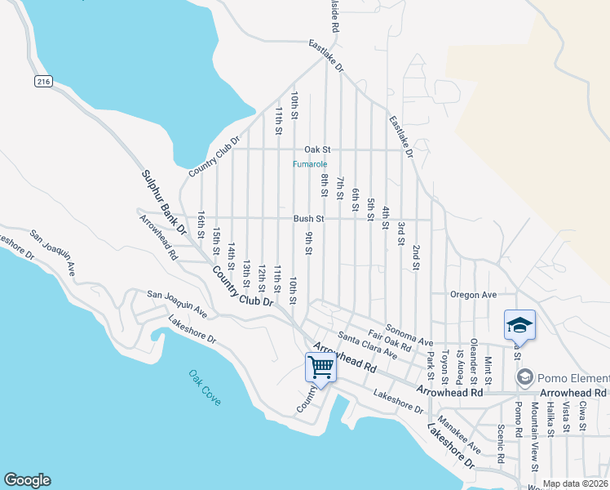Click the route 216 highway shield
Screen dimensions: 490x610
[44, 82]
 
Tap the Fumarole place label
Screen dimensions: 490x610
[310, 163]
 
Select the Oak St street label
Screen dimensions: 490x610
[317, 149]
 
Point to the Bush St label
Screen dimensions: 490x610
[309, 219]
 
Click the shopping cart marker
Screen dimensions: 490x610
[320, 367]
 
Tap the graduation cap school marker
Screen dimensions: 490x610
[519, 325]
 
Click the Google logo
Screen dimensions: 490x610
[27, 480]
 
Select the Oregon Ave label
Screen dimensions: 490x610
[472, 294]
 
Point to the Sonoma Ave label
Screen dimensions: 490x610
[409, 334]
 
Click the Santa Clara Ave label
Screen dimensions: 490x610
[367, 346]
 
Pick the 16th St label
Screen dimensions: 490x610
[201, 225]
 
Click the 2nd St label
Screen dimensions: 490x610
[416, 256]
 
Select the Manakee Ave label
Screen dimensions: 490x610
[458, 434]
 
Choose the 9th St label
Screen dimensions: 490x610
[309, 243]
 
